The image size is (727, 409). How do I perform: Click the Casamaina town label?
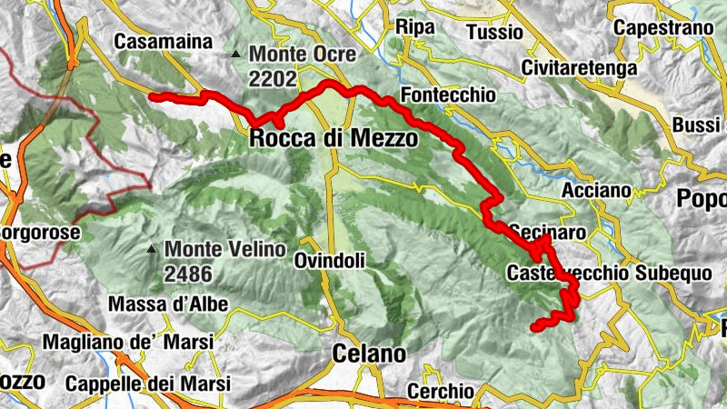point(164,42)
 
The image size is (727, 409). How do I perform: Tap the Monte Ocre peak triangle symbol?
point(236,55)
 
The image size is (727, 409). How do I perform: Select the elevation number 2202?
point(272,79)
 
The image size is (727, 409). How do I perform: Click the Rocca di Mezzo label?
point(334,139)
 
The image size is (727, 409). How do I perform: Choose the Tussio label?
point(494,33)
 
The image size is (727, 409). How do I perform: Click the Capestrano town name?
point(662,28)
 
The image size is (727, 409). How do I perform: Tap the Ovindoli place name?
point(330,261)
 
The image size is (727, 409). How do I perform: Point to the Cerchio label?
point(441,391)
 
